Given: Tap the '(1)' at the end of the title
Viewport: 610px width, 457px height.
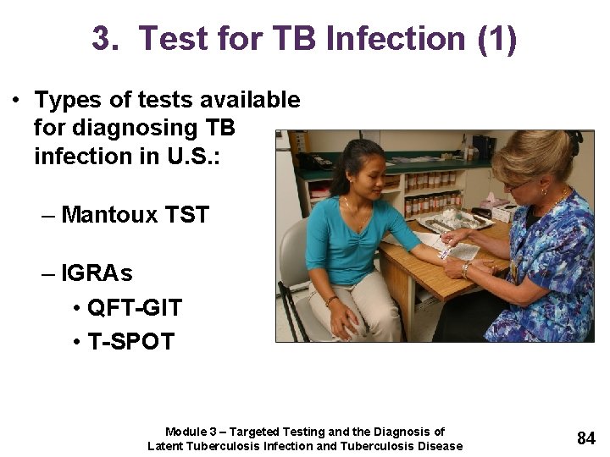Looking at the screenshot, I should pyautogui.click(x=496, y=39).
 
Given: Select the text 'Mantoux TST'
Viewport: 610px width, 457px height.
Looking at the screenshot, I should pyautogui.click(x=135, y=215).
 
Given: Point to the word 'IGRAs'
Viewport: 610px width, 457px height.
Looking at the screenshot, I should pyautogui.click(x=97, y=274).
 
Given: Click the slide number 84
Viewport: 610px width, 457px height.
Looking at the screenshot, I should pyautogui.click(x=586, y=438).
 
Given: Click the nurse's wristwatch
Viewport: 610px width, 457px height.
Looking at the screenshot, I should pyautogui.click(x=466, y=269).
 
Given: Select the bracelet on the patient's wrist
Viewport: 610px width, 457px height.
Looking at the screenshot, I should pyautogui.click(x=331, y=300).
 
